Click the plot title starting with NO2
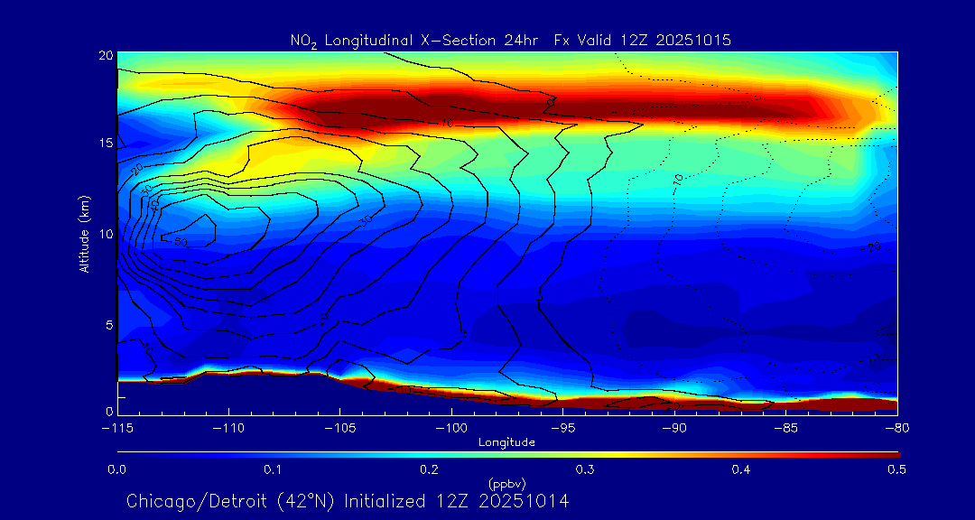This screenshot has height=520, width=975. (x=510, y=41)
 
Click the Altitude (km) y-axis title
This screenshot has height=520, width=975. (x=84, y=233)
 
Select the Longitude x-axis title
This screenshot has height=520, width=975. (x=506, y=442)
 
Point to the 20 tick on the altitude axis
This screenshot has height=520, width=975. (x=104, y=55)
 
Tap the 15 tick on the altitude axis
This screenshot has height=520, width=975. (x=104, y=144)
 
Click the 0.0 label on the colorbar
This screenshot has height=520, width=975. (x=116, y=469)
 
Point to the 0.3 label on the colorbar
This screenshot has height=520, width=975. (x=585, y=469)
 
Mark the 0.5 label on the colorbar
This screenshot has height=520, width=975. (x=897, y=469)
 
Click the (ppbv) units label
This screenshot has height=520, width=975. (x=506, y=483)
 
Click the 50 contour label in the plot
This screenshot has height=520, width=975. (x=180, y=242)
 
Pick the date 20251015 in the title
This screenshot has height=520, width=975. (x=694, y=41)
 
